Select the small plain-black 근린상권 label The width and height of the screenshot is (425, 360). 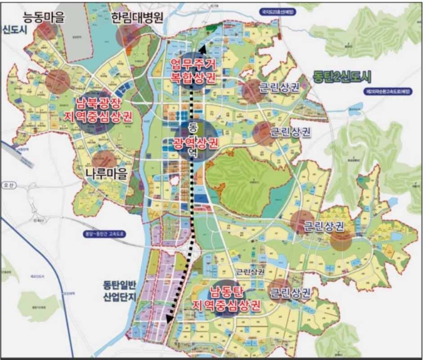click(x=250, y=272)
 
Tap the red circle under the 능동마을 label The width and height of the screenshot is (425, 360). click(x=47, y=31)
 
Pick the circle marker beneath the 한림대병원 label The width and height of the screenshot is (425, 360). click(x=129, y=36)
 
